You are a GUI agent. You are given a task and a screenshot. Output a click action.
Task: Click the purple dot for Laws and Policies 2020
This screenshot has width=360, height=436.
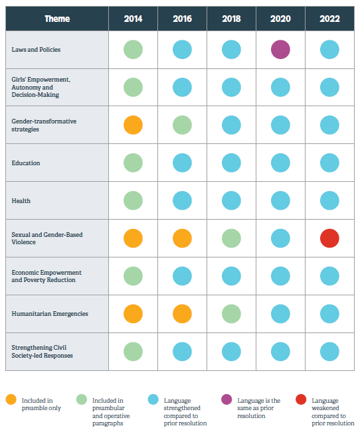pyautogui.click(x=280, y=49)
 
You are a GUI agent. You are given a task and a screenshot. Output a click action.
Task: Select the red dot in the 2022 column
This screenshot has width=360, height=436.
pyautogui.click(x=329, y=238)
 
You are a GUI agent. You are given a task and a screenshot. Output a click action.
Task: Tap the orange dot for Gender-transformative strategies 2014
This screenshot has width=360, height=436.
pyautogui.click(x=133, y=125)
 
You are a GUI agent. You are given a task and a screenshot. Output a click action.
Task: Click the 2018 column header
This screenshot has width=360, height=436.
pyautogui.click(x=231, y=19)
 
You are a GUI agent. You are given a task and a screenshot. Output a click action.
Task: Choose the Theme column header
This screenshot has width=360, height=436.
pyautogui.click(x=57, y=19)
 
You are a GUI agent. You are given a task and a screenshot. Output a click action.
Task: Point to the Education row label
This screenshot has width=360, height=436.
pyautogui.click(x=26, y=163)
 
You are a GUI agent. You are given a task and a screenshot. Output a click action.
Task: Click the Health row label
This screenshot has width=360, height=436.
pyautogui.click(x=21, y=200)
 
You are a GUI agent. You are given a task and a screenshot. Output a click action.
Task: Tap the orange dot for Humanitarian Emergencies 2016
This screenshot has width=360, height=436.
pyautogui.click(x=182, y=314)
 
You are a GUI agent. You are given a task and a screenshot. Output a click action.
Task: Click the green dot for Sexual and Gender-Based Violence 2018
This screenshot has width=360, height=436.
pyautogui.click(x=231, y=238)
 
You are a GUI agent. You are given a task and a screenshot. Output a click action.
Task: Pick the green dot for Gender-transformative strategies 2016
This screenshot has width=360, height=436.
pyautogui.click(x=182, y=125)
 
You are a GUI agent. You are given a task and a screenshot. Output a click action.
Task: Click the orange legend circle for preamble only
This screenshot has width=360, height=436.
pyautogui.click(x=11, y=399)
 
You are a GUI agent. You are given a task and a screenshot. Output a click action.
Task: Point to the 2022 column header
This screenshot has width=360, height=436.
pyautogui.click(x=329, y=19)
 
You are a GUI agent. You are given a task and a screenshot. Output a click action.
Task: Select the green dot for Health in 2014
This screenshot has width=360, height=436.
pyautogui.click(x=133, y=200)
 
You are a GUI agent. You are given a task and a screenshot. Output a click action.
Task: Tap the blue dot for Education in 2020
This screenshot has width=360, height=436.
pyautogui.click(x=280, y=163)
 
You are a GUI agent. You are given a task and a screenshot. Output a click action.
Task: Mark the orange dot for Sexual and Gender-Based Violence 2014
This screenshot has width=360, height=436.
pyautogui.click(x=133, y=238)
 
